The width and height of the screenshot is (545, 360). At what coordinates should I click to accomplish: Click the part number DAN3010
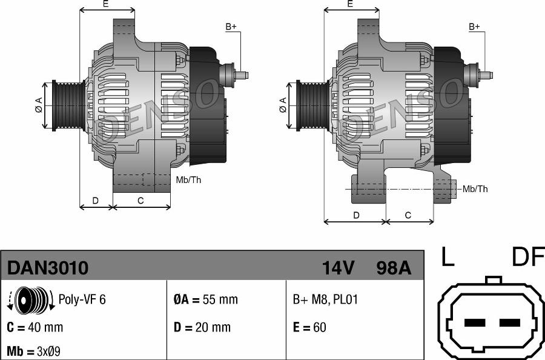pyautogui.click(x=48, y=267)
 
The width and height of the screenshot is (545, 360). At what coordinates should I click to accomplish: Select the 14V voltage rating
pyautogui.click(x=339, y=267)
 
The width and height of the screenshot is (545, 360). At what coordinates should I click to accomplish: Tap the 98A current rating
pyautogui.click(x=393, y=267)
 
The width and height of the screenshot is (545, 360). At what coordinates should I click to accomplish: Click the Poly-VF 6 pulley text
pyautogui.click(x=82, y=299)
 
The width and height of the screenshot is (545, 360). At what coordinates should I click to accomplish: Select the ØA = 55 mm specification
pyautogui.click(x=206, y=299)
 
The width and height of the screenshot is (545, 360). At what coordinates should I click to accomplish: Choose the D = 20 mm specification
pyautogui.click(x=202, y=327)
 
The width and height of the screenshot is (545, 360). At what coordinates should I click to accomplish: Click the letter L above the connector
pyautogui.click(x=447, y=258)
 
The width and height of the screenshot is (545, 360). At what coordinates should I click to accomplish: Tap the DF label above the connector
pyautogui.click(x=527, y=258)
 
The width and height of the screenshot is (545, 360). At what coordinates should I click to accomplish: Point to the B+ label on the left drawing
pyautogui.click(x=231, y=27)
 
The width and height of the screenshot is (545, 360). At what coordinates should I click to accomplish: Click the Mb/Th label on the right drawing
pyautogui.click(x=475, y=189)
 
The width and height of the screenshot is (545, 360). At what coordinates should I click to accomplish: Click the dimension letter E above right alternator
pyautogui.click(x=350, y=4)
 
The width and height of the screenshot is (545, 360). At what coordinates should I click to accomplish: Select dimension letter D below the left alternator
pyautogui.click(x=96, y=201)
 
